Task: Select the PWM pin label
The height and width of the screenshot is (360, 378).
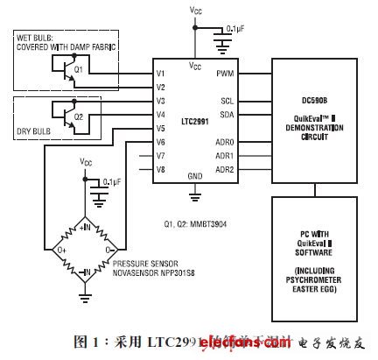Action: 225,73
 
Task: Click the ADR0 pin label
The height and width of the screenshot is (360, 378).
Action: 224,141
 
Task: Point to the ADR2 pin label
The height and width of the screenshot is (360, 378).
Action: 224,168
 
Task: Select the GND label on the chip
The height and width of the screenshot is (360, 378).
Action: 192,175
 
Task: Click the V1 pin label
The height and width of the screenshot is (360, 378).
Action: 159,73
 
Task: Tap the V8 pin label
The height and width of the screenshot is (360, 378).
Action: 159,168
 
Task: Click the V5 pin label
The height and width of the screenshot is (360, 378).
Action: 159,127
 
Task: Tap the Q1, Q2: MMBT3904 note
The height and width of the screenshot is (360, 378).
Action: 189,197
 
